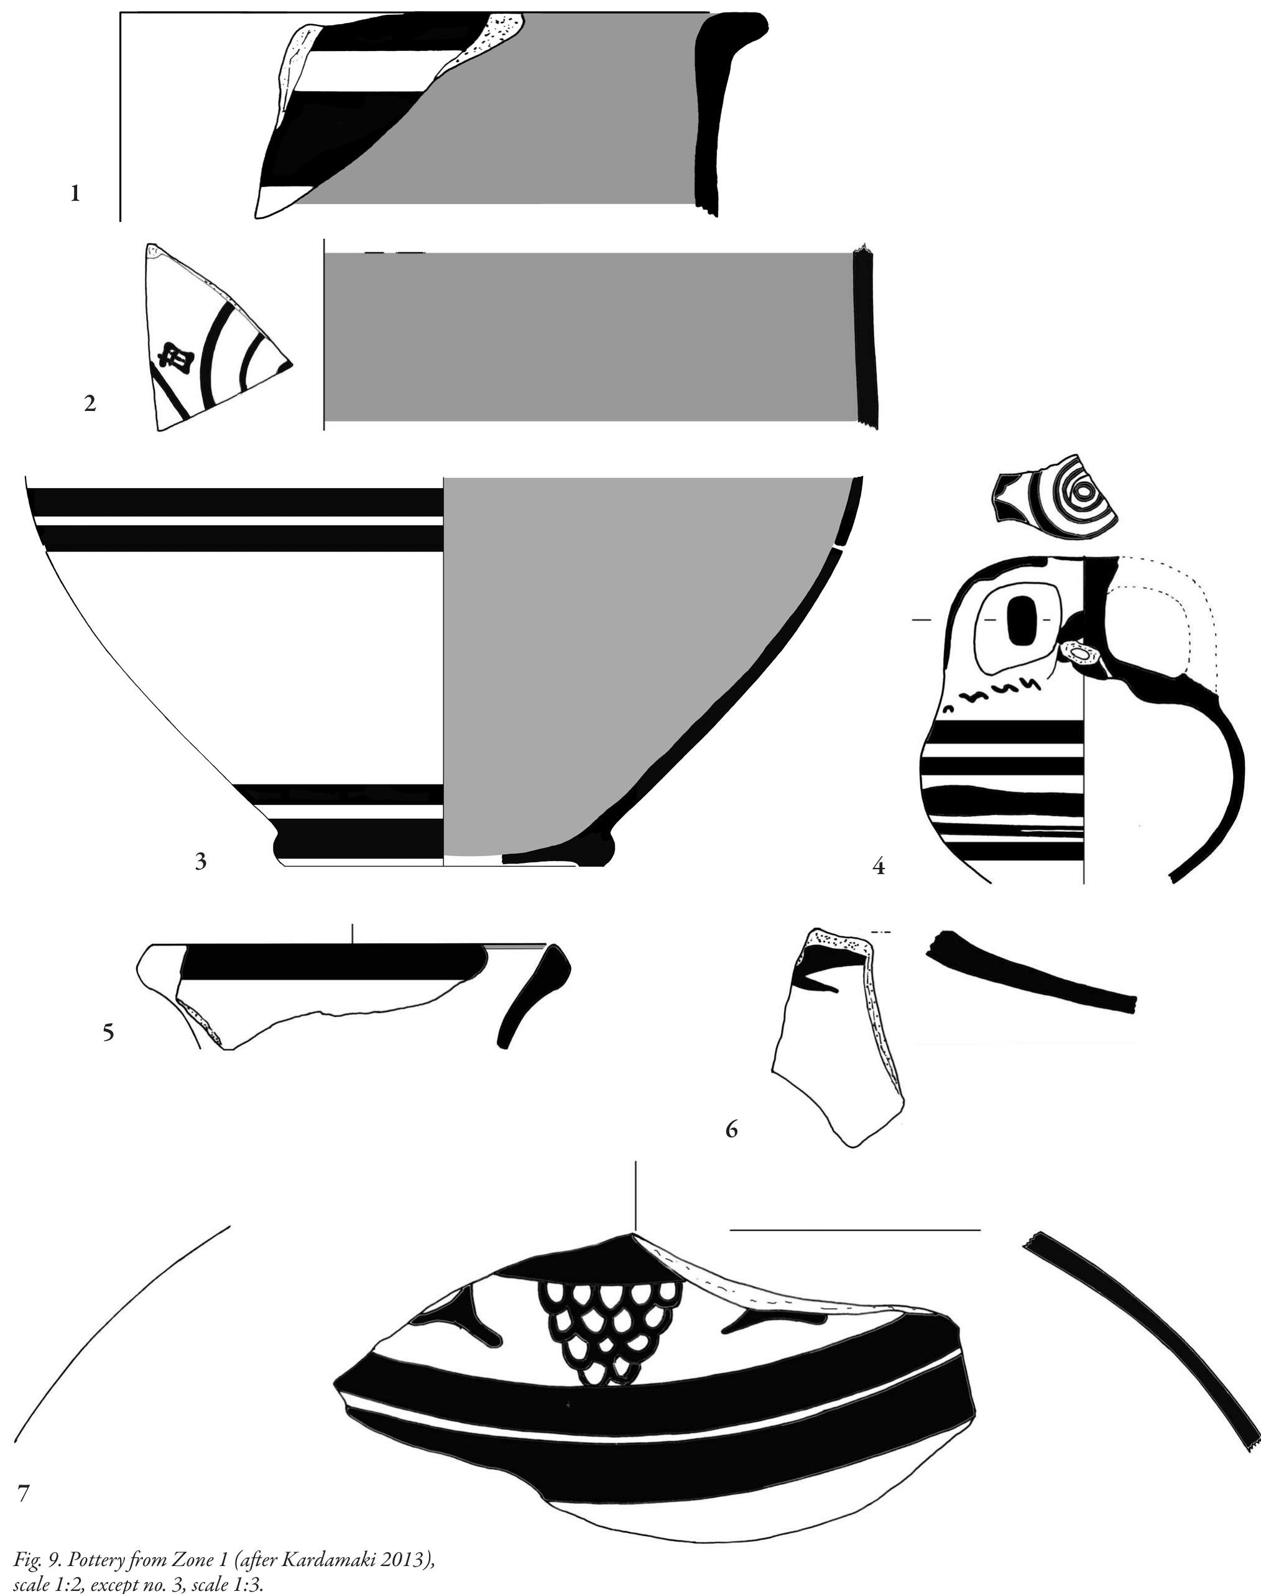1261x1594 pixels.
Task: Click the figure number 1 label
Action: tap(75, 195)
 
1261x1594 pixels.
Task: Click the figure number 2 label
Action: tap(90, 403)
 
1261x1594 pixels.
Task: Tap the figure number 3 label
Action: tap(200, 861)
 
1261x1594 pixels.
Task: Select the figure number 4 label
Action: tap(879, 867)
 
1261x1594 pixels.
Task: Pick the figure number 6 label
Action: tap(732, 1128)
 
